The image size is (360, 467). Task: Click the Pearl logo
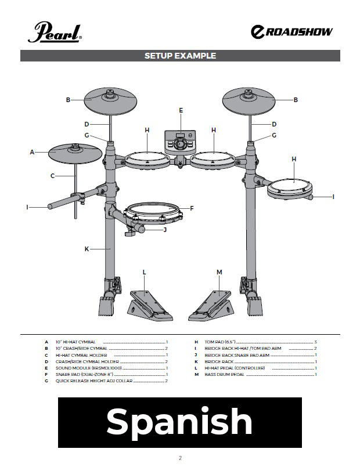coord(55,32)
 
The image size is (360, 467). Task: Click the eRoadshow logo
coord(291,32)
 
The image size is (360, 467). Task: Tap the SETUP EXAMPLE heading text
coord(180,56)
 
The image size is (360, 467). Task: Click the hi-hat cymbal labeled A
coord(75,153)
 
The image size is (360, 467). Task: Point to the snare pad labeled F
coord(152,213)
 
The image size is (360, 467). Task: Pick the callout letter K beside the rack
coord(87,249)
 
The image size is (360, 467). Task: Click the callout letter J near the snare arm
coord(165,230)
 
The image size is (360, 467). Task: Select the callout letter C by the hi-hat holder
coord(52,176)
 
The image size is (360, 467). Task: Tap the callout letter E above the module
coord(181,110)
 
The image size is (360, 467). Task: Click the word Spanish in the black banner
coord(179,422)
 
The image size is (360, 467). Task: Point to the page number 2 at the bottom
coord(180,458)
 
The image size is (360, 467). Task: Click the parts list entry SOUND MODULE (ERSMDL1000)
coord(88,368)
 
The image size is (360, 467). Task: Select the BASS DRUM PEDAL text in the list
coord(224,374)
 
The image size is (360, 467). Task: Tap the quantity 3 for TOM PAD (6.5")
coord(315,342)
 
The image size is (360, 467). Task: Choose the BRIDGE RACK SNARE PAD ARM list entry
coord(237,355)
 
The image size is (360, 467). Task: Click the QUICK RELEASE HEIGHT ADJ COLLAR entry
coord(94,381)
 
